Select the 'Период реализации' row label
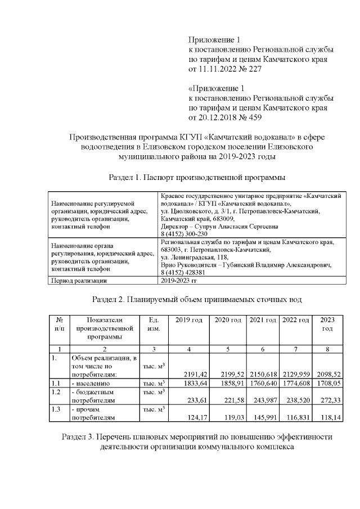(79, 280)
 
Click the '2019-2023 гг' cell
(179, 280)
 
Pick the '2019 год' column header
(188, 320)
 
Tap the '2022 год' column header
(295, 320)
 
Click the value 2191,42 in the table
(189, 374)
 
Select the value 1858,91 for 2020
(228, 383)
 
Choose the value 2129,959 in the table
(295, 374)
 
